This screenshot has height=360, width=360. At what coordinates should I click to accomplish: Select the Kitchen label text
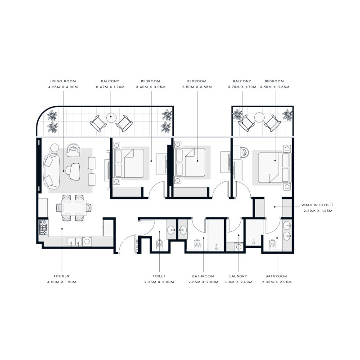[x=62, y=276]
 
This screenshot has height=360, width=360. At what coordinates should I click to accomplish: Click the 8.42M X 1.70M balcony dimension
[x=110, y=87]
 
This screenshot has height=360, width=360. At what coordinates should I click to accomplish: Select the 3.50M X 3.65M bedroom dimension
[x=196, y=87]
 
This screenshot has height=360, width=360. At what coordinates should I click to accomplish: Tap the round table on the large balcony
[x=111, y=118]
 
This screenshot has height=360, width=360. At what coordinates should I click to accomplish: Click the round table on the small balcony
[x=259, y=118]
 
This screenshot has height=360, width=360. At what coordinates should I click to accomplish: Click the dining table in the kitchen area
[x=72, y=207]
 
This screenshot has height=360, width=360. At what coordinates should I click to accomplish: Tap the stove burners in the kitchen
[x=43, y=227]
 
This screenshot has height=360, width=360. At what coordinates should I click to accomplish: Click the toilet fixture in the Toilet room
[x=160, y=244]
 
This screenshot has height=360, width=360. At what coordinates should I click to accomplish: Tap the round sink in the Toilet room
[x=171, y=230]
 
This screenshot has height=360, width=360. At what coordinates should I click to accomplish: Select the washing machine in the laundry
[x=239, y=246]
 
